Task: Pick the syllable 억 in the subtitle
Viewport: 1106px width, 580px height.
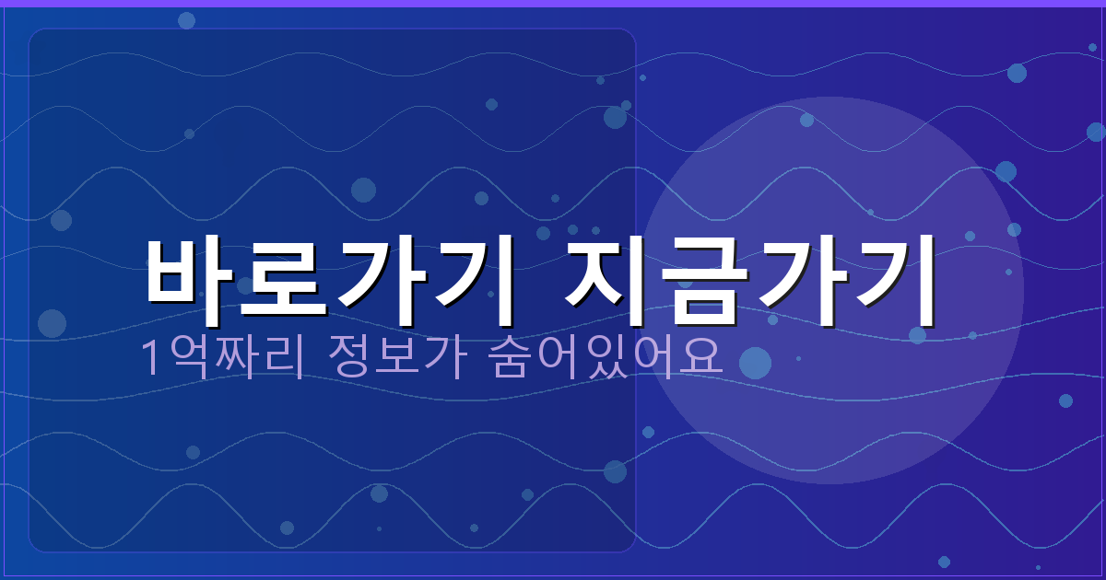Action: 185,358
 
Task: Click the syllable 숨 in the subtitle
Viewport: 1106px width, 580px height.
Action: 506,358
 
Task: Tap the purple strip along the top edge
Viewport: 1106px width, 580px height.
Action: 553,3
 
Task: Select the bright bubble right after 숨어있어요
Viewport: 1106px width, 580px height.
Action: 755,363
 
